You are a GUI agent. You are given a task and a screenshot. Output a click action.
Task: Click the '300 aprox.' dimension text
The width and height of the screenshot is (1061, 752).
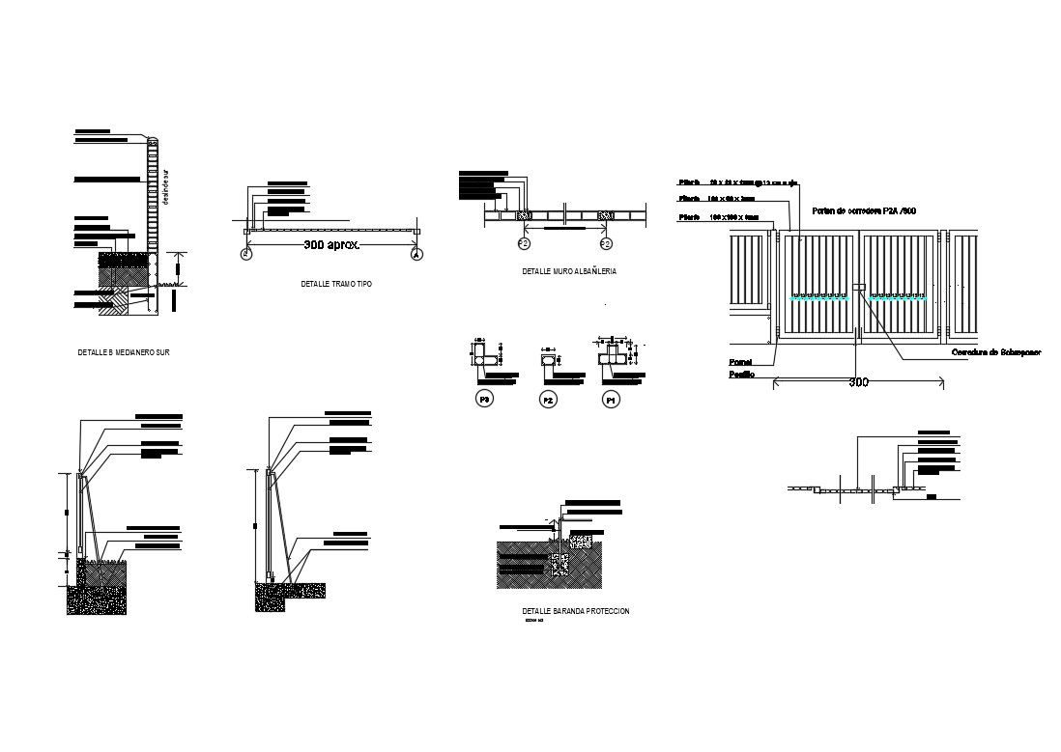coord(331,245)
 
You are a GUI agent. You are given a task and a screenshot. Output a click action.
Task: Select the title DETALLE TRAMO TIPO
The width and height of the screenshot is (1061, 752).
coord(336,285)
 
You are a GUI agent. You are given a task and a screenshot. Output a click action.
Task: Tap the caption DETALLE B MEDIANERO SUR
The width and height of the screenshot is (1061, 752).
coord(124,352)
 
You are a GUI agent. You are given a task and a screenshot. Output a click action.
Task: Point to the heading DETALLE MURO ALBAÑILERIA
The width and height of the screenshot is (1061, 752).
coord(569,272)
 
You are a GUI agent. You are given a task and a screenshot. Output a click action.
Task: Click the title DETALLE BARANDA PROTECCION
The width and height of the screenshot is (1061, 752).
coord(575,611)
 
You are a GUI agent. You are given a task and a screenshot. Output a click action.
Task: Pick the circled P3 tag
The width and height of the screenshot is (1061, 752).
coord(485,399)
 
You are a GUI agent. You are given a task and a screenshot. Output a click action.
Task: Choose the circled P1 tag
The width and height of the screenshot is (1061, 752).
coord(611,399)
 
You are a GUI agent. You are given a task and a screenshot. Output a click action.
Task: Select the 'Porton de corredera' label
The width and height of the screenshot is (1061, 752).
coord(863,209)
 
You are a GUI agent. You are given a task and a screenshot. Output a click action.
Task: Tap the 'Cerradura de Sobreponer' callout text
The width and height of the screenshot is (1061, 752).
coord(996,352)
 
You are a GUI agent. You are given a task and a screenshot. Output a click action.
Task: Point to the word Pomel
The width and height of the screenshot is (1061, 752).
coord(740,362)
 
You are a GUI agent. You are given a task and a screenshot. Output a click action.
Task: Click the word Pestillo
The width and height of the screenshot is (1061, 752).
coord(742,373)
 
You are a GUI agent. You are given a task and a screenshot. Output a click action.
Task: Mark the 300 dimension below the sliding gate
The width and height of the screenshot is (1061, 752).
coord(858,382)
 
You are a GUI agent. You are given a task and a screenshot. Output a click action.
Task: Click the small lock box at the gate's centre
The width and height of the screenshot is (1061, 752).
coord(858,287)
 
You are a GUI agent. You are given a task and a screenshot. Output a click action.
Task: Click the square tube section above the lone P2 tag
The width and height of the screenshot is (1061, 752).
coord(549,361)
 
